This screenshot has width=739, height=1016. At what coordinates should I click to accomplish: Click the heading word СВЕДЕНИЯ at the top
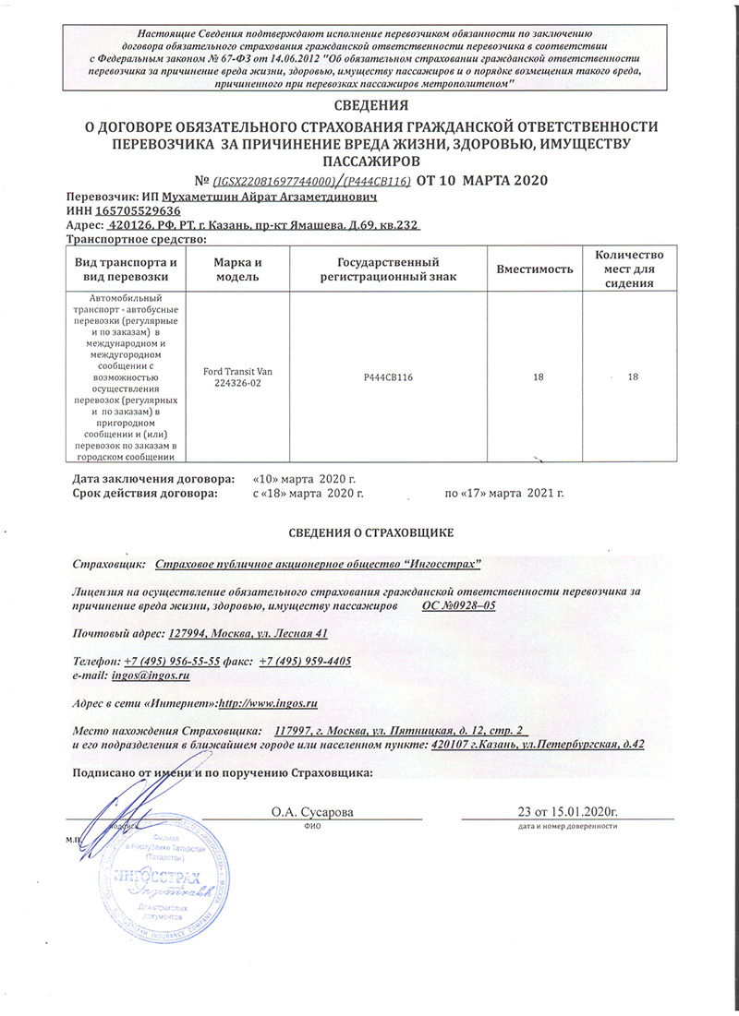tap(369, 106)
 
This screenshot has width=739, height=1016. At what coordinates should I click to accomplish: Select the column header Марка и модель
tap(237, 269)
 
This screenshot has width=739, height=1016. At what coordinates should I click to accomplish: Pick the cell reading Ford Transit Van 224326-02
tap(237, 377)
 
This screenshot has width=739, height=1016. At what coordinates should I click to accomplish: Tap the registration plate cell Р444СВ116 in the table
tap(387, 377)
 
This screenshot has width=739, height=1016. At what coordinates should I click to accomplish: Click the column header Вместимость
tap(535, 269)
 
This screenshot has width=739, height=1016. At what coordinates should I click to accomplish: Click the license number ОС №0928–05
tap(459, 605)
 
